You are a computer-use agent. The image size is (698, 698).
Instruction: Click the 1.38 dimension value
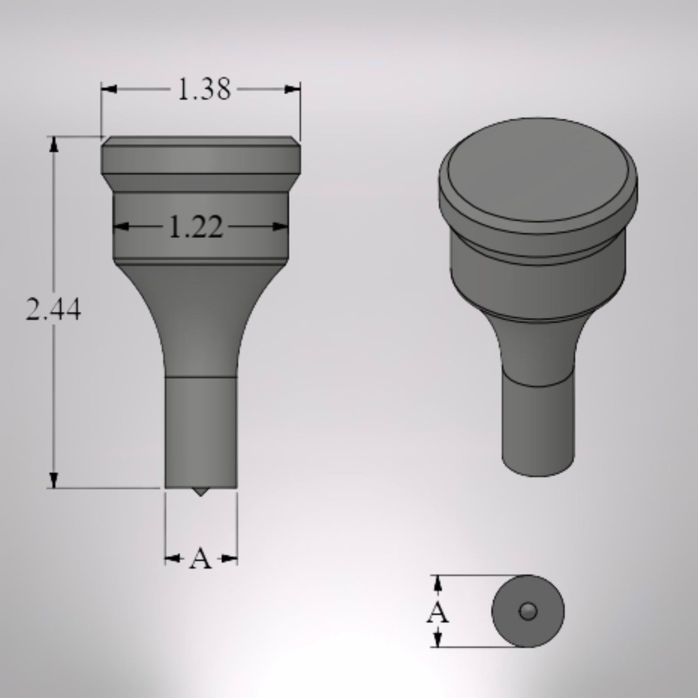tap(204, 90)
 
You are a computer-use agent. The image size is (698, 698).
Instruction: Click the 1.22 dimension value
tap(196, 227)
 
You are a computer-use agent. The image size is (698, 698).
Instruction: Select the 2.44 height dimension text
tap(53, 311)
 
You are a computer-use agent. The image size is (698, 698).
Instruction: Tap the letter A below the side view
tap(200, 559)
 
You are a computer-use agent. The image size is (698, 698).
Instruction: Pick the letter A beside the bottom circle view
tap(437, 613)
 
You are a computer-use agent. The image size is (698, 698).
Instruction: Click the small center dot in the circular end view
tap(528, 612)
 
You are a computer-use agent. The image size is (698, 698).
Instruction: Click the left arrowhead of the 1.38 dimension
tap(109, 89)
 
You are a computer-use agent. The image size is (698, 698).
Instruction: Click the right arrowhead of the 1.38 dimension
tap(292, 89)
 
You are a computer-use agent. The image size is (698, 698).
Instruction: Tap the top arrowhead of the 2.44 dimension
tap(54, 144)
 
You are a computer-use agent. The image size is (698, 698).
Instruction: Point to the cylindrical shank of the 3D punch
tap(538, 430)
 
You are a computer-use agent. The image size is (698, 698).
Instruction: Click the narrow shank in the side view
tap(201, 430)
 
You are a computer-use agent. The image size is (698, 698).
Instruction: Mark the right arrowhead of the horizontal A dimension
tap(229, 559)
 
